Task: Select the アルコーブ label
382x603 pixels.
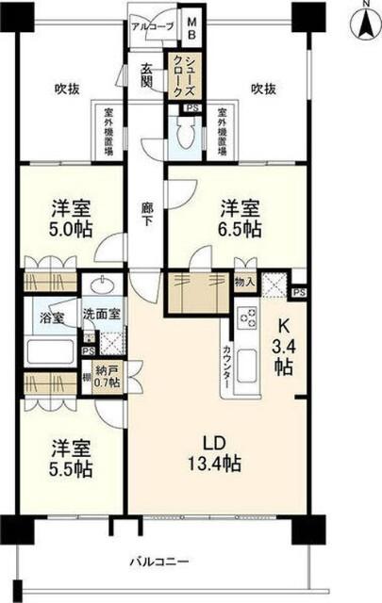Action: (x=152, y=26)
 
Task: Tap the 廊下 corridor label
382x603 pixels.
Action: (x=146, y=215)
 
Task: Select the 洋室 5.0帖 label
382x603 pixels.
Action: (x=69, y=220)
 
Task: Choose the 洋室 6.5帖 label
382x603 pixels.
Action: (x=241, y=219)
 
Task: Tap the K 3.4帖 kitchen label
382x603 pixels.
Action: (x=282, y=345)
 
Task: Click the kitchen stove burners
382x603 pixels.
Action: (x=247, y=318)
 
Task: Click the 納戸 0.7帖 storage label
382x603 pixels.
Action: (x=109, y=378)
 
